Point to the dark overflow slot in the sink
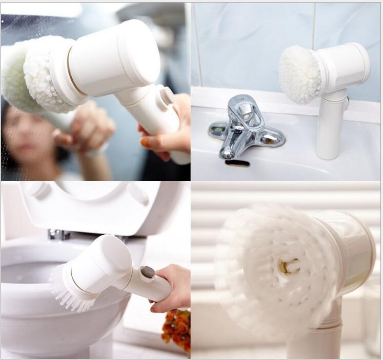point(237,163)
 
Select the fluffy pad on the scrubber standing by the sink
point(299,74)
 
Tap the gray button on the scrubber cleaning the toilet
point(148,272)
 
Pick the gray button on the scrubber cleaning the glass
point(167,96)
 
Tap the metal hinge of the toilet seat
point(58,234)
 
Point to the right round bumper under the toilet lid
point(138,193)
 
